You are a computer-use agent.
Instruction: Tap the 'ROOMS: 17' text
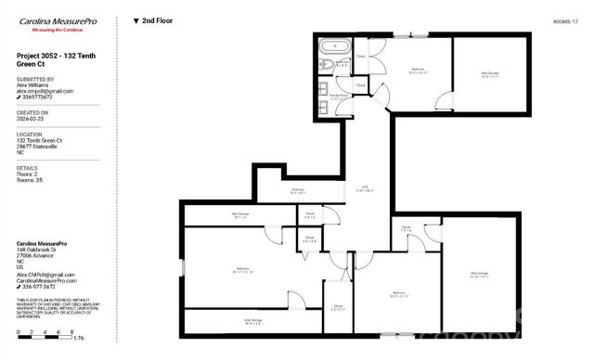(x=565, y=19)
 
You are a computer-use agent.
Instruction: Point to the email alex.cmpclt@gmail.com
(x=45, y=91)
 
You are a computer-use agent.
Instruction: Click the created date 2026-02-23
(x=32, y=119)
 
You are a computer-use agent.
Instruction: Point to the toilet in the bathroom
(x=326, y=65)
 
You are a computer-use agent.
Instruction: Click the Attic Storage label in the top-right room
(x=491, y=74)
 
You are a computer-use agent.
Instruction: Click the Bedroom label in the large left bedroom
(x=243, y=270)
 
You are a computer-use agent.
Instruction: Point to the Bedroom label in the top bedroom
(x=418, y=71)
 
